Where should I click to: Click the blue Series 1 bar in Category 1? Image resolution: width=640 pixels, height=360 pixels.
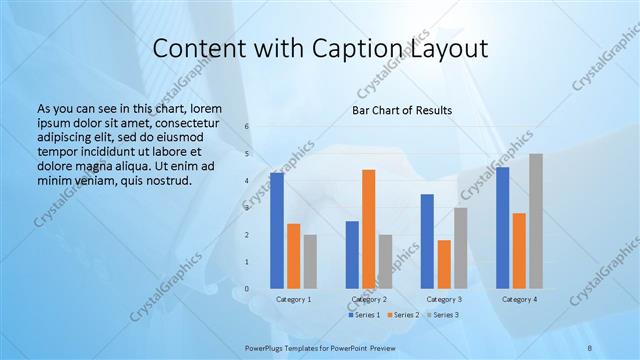(277, 231)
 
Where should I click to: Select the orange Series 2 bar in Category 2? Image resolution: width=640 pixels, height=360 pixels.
(369, 229)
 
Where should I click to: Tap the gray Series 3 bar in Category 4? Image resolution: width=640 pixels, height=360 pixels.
(536, 221)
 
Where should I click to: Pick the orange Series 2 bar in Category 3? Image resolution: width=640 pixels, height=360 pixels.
(444, 264)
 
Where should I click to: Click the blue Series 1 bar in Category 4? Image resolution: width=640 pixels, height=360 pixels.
(502, 228)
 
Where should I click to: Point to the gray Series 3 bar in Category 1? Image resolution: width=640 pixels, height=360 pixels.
(310, 262)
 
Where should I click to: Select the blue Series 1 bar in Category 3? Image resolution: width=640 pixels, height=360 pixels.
(427, 241)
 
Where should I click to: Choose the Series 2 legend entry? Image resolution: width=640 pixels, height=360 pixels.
(401, 315)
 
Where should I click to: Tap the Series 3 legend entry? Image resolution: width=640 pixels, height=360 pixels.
(442, 315)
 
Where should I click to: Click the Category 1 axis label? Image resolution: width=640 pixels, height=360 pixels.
(293, 299)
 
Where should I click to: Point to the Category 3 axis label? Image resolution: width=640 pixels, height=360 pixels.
(444, 299)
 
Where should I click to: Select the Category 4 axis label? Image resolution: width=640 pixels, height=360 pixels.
(519, 299)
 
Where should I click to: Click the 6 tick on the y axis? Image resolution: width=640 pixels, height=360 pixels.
(247, 126)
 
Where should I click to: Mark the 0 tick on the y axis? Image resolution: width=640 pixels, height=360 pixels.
(247, 289)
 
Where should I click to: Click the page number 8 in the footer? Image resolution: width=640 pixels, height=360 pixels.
(589, 347)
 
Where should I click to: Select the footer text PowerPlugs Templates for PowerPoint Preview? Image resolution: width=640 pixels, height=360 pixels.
(319, 347)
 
